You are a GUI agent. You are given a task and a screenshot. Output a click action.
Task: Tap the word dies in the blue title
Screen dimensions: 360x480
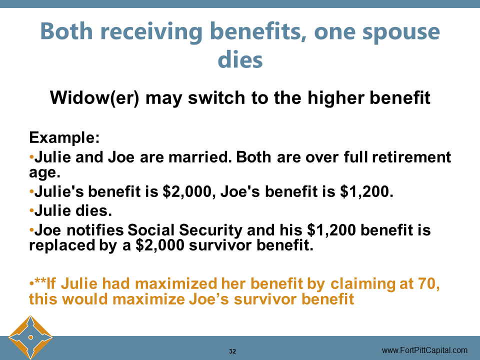[240, 60]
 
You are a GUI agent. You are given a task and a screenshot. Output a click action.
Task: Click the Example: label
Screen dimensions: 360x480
[64, 137]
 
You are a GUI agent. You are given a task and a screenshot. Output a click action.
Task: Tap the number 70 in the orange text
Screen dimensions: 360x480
[431, 284]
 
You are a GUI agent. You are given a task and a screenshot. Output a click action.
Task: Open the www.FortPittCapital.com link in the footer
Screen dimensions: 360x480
[424, 350]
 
